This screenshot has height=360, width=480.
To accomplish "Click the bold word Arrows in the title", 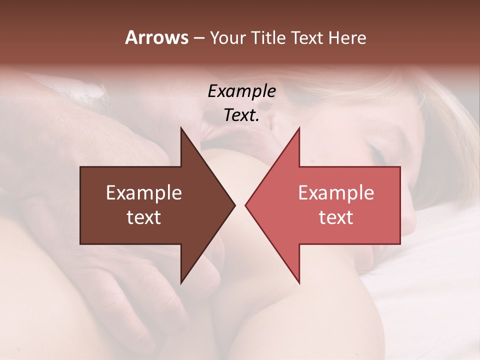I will tap(156, 37).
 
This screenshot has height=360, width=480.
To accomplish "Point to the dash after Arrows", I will tap(198, 38).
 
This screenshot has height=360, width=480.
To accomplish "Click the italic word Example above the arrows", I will tap(241, 91).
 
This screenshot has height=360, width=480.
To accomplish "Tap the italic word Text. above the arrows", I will tap(241, 115).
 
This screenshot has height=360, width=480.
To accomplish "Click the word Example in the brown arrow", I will tap(143, 192).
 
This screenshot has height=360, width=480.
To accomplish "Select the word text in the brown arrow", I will tap(143, 217).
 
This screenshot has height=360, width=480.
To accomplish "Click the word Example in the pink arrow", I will tap(336, 192).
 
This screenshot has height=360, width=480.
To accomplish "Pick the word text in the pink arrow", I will tap(336, 217).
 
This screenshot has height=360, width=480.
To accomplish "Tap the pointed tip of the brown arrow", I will tap(235, 205).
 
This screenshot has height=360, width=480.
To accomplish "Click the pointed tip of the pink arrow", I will tap(245, 205).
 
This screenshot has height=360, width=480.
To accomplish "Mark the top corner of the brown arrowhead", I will tap(181, 128).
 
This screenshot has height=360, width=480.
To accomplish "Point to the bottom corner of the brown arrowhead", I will tap(181, 283).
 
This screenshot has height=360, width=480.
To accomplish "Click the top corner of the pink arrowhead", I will tap(299, 128).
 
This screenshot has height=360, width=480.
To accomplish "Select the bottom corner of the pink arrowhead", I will tap(299, 283).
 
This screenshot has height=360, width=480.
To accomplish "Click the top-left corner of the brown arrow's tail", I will tap(80, 167).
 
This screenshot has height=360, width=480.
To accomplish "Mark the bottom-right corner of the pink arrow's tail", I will tap(400, 244).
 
